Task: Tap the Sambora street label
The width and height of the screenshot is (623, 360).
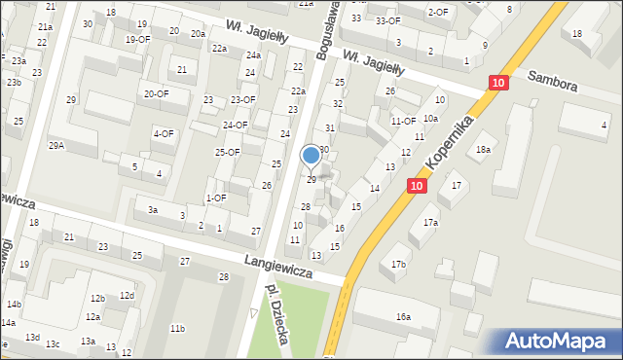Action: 553,81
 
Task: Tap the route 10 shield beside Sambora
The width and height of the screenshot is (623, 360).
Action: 497,85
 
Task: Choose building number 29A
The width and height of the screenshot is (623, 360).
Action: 57,145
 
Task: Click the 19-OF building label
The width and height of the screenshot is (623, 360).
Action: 137,39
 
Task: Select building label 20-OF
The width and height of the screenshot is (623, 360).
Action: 156,93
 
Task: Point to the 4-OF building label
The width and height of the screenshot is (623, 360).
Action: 164,133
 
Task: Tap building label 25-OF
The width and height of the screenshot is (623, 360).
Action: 228,152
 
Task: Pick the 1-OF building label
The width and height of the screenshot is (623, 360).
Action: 216,198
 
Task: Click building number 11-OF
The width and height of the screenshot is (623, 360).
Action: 403,121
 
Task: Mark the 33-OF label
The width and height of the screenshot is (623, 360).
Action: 387,20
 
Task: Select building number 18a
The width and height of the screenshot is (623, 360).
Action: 483,149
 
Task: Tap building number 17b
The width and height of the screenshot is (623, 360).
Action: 398,264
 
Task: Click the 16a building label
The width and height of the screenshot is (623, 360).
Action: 403,316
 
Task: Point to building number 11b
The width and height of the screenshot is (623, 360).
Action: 177,329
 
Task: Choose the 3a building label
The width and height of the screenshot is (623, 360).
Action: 153,209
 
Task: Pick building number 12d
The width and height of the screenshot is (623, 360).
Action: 127,295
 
